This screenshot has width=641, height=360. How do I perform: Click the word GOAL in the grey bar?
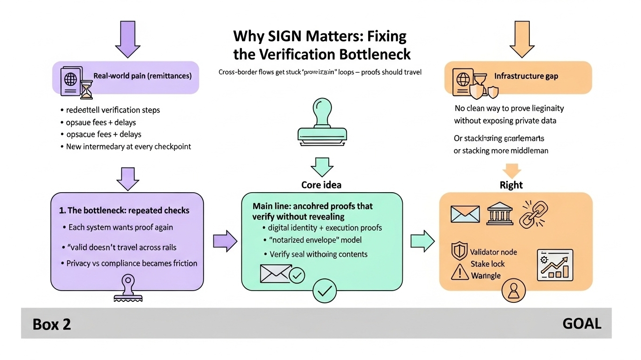pos(582,323)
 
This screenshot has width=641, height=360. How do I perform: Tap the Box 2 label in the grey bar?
pos(52,324)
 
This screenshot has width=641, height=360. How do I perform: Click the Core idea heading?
pos(321,185)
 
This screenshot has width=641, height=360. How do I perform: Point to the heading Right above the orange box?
pos(511,185)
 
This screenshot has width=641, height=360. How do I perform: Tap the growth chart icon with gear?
pos(555,265)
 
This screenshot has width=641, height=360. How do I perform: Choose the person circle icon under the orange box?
pos(511,291)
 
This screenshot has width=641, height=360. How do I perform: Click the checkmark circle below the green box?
pos(324,291)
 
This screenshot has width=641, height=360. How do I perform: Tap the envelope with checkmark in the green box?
pos(282,274)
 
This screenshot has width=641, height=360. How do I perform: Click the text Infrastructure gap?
pos(526,76)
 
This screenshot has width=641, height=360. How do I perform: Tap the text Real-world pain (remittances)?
pos(143,75)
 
